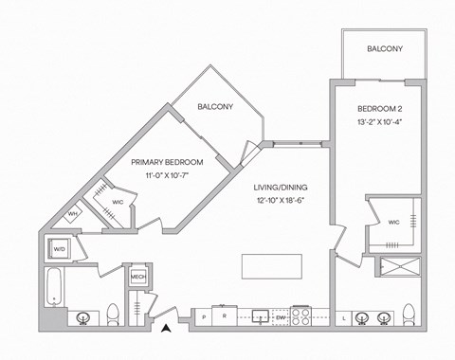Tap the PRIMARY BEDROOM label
click(x=167, y=162)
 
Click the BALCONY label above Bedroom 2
click(x=384, y=49)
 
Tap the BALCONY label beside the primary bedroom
click(x=215, y=107)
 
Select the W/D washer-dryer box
click(x=59, y=250)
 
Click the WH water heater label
click(x=72, y=215)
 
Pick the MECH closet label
click(x=137, y=278)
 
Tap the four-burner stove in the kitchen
click(x=302, y=315)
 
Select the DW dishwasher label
click(x=281, y=316)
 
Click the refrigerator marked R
click(x=224, y=316)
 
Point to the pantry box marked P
click(x=204, y=316)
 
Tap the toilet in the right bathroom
click(x=409, y=314)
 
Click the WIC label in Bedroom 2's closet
click(x=394, y=223)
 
